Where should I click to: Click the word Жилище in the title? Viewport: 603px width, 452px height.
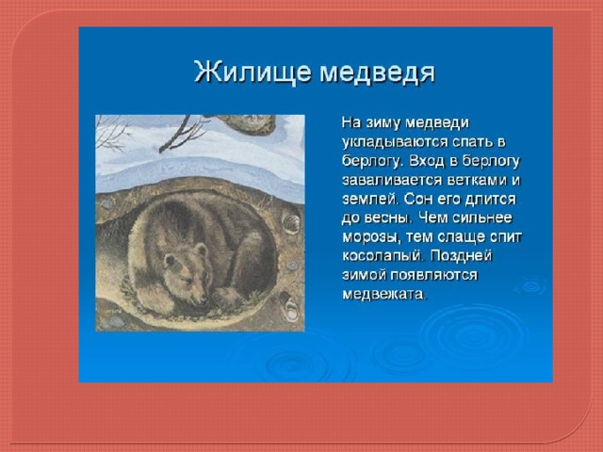(x=253, y=72)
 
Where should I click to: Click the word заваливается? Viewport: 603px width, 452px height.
(x=392, y=180)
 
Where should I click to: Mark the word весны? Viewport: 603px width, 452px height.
(x=388, y=218)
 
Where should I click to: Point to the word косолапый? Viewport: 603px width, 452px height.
(x=383, y=256)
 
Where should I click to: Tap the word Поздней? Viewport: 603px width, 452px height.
(x=461, y=255)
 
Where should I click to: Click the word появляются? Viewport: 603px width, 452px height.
(x=434, y=275)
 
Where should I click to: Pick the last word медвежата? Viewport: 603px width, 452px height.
(x=384, y=295)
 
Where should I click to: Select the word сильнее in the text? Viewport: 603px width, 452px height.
(x=482, y=218)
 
